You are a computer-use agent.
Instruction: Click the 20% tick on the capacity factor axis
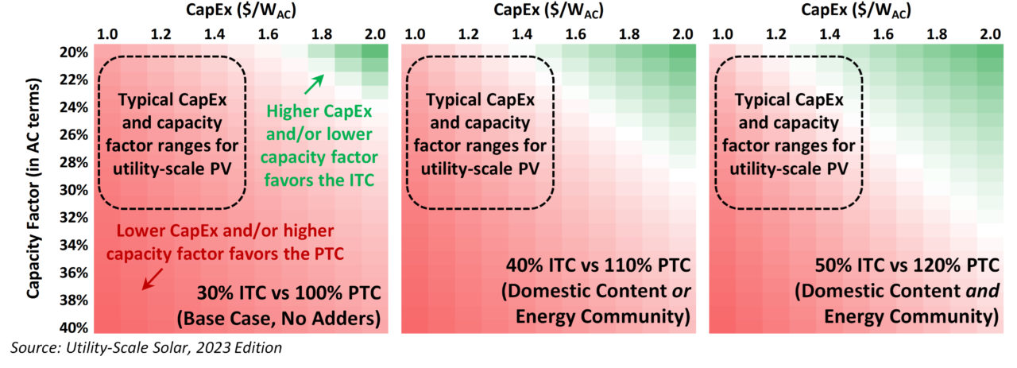[x=74, y=52]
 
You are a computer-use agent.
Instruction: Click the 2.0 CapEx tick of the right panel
[x=988, y=34]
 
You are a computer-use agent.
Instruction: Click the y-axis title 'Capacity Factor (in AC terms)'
[x=33, y=188]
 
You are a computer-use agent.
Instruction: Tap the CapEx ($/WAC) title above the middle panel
[x=546, y=10]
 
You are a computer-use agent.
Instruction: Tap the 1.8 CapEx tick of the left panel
[x=321, y=34]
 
